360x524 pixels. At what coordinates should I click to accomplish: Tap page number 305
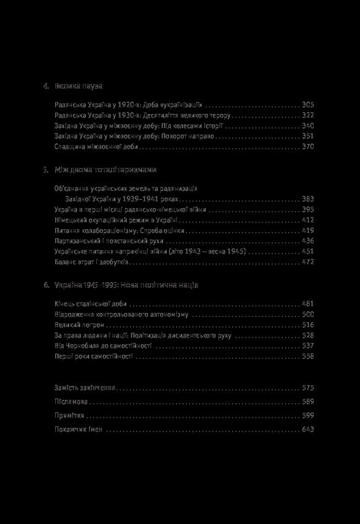pyautogui.click(x=308, y=105)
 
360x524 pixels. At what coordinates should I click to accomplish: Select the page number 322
pyautogui.click(x=308, y=115)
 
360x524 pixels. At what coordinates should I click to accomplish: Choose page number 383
pyautogui.click(x=308, y=198)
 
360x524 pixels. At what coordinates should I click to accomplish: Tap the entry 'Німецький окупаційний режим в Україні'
pyautogui.click(x=116, y=220)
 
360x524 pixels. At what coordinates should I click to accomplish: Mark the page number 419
pyautogui.click(x=308, y=230)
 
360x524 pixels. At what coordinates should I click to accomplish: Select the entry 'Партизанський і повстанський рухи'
pyautogui.click(x=109, y=240)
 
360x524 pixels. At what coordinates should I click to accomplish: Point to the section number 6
pyautogui.click(x=45, y=284)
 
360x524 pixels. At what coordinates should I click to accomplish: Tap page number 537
pyautogui.click(x=308, y=345)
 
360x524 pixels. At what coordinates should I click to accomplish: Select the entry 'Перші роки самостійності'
pyautogui.click(x=93, y=356)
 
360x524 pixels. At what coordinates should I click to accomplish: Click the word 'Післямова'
pyautogui.click(x=72, y=402)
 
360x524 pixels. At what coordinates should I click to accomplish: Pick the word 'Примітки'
pyautogui.click(x=71, y=416)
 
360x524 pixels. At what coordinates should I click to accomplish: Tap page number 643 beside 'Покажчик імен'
pyautogui.click(x=308, y=430)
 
